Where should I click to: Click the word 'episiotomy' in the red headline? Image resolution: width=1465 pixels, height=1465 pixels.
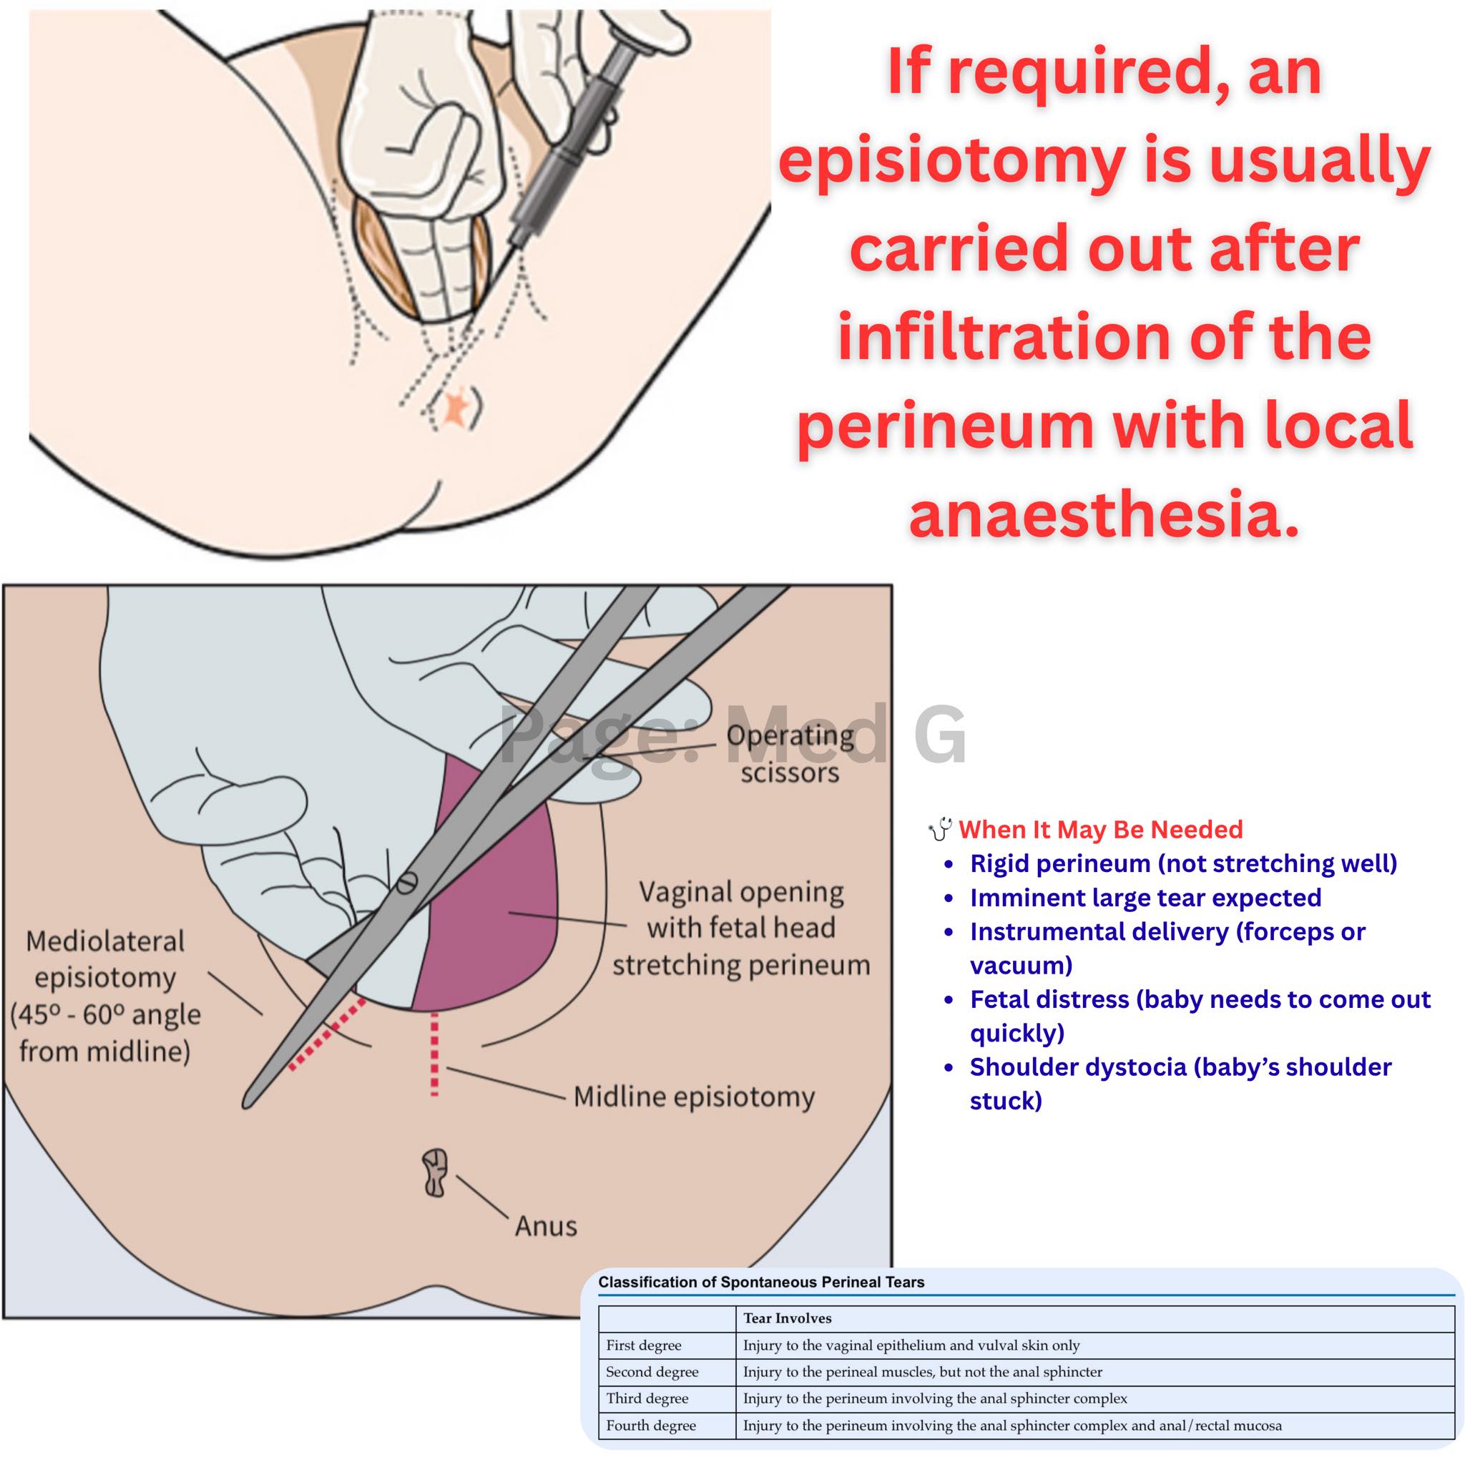coord(951,162)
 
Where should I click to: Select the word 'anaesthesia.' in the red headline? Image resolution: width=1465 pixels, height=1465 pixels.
coord(1104,514)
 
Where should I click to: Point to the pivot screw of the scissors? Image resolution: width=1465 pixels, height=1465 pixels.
coord(407,883)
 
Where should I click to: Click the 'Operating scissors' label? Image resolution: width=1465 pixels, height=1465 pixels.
coord(790,753)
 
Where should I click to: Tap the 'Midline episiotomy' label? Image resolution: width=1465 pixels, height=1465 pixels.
coord(694,1097)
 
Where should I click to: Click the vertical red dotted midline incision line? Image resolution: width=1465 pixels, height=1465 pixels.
coord(434,1054)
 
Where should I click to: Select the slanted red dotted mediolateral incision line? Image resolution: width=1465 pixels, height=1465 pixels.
coord(327,1034)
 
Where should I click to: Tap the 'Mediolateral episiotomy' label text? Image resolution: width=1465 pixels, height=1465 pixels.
coord(105,996)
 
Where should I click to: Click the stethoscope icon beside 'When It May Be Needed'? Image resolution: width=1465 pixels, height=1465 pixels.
coord(940,829)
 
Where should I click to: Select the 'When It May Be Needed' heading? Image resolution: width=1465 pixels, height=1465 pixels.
coord(1100,830)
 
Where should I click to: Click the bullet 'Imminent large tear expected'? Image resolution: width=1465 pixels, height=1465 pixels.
coord(1146,898)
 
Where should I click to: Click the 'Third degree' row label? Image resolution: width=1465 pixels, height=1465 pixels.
coord(647,1398)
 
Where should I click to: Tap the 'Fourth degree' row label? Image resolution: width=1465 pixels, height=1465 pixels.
coord(651,1426)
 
